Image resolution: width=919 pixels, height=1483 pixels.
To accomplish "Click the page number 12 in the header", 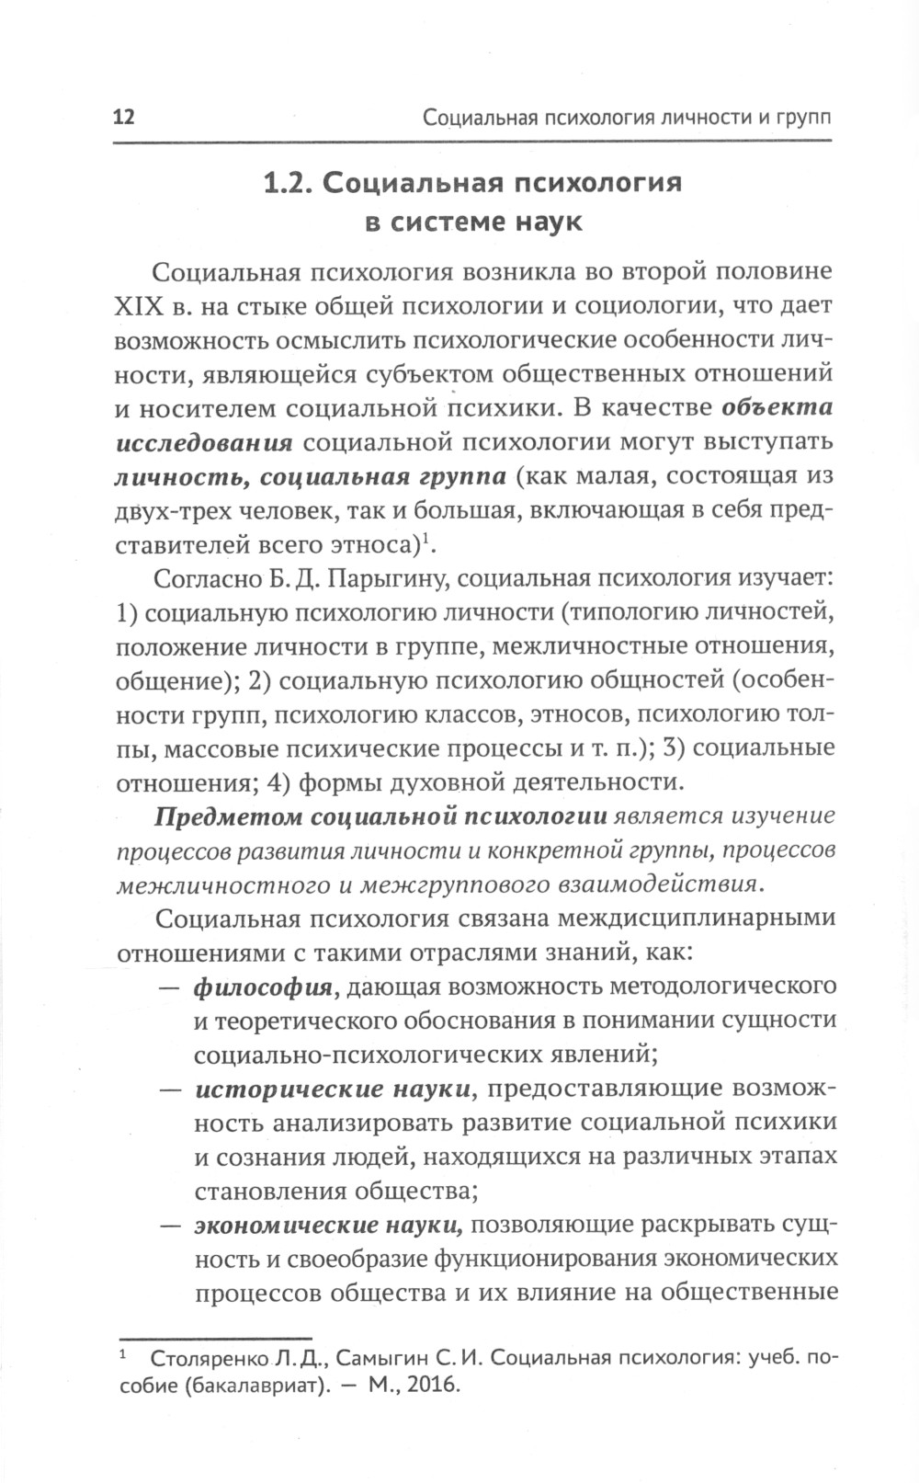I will pos(123,119).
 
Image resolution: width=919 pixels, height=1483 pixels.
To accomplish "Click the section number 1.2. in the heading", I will pos(289,183).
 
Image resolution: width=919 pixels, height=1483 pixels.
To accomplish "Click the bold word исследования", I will pos(204,442).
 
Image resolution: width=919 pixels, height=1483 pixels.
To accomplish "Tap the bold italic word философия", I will pos(263,987).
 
